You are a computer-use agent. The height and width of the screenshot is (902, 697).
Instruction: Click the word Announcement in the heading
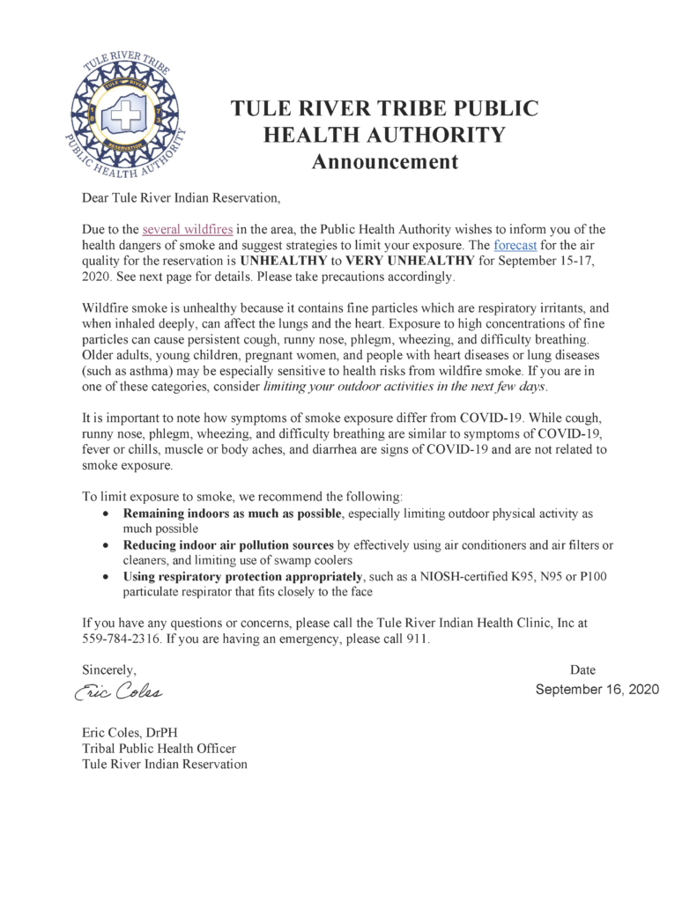386,161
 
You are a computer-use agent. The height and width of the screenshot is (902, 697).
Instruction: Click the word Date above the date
583,670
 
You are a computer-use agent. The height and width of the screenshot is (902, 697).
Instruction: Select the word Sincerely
109,670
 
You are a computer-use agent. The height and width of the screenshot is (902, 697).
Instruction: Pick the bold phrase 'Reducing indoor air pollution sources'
228,545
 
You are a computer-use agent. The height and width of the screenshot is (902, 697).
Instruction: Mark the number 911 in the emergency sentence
418,639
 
